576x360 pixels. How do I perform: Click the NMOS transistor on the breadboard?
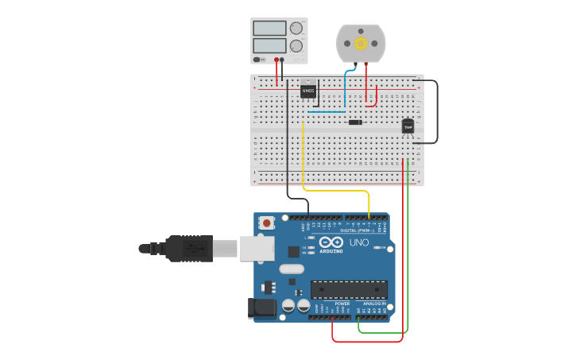click(308, 91)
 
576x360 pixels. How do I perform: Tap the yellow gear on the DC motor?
click(361, 44)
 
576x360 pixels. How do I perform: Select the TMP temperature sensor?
click(408, 126)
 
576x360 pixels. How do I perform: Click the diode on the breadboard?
click(355, 122)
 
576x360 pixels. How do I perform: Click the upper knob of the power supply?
click(296, 28)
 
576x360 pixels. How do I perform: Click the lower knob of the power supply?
click(296, 46)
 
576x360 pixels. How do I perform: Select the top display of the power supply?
click(269, 28)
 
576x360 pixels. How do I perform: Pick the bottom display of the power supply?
click(269, 46)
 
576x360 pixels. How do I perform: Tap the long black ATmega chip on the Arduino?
click(349, 290)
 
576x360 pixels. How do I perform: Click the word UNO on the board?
click(359, 242)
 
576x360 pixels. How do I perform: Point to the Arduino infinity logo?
click(332, 242)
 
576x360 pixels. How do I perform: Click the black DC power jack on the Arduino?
click(262, 308)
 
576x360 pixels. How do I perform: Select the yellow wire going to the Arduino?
click(334, 192)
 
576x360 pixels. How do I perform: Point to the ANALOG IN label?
click(374, 304)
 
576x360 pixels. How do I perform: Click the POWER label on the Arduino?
click(342, 304)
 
